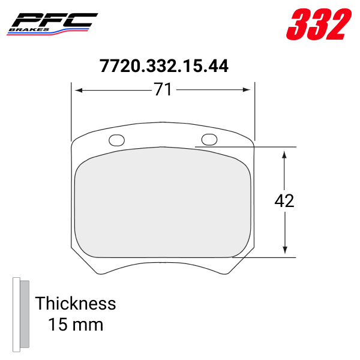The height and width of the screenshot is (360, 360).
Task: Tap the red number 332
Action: tap(318, 25)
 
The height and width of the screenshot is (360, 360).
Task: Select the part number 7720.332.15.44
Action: tap(163, 66)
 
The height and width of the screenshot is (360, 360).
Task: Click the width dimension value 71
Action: tap(163, 90)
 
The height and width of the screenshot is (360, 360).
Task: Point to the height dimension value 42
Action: tap(284, 201)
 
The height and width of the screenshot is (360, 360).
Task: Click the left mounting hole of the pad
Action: tap(116, 140)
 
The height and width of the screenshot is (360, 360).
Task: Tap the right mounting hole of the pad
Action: tap(209, 140)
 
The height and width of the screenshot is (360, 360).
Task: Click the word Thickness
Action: tap(75, 303)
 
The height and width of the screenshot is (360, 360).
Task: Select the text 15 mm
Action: tap(76, 325)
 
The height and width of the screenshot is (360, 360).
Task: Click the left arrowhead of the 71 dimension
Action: tap(77, 90)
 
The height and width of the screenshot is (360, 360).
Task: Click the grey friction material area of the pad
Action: tap(162, 204)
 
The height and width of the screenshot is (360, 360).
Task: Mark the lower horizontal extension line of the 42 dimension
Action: tap(270, 257)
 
